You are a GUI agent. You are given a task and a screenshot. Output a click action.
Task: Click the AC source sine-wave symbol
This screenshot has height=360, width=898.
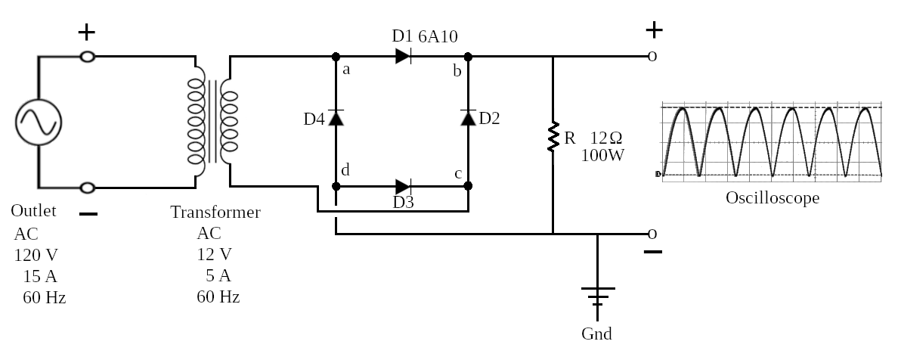point(39,122)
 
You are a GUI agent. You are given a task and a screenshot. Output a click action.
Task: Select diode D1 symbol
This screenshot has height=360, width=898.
point(403,56)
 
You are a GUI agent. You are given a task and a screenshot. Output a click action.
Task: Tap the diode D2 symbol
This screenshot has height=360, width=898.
point(468,117)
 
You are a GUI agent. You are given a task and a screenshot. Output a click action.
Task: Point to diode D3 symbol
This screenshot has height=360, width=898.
point(403,186)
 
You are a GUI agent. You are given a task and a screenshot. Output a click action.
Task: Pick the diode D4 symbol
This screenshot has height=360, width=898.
point(336,117)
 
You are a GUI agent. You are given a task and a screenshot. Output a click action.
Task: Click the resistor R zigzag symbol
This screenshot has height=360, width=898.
point(553,137)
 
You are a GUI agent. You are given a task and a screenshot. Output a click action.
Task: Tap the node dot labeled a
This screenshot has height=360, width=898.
point(336,57)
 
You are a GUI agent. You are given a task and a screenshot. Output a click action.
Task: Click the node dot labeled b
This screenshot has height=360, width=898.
point(468,57)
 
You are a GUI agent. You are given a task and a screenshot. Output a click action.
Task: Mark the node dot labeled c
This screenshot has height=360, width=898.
point(468,186)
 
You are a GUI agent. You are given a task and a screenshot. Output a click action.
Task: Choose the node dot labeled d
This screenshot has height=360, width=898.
point(336,186)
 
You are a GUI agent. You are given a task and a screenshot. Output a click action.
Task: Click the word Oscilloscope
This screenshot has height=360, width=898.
point(773,198)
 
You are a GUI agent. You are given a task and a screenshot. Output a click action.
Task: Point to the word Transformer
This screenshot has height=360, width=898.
point(215,212)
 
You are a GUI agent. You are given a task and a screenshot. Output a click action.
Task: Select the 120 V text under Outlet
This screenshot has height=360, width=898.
point(36,255)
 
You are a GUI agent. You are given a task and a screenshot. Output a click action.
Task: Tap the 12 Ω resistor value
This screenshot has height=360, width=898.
point(606,138)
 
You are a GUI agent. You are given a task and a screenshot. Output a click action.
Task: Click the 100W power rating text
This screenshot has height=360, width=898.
point(603,155)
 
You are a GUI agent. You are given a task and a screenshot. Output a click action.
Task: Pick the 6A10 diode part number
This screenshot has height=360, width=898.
point(438,37)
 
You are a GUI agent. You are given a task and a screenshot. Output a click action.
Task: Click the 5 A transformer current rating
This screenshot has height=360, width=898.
point(218,276)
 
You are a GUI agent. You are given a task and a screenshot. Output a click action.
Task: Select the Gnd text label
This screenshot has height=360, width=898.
point(596,334)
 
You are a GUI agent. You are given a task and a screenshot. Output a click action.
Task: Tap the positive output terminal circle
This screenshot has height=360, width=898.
point(652,56)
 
